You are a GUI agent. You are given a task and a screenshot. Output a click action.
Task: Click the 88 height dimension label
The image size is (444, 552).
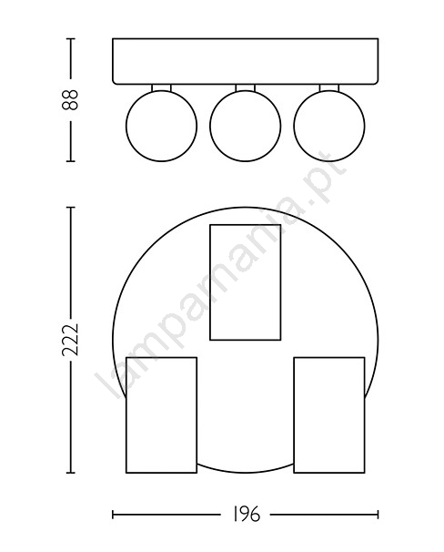point(70,100)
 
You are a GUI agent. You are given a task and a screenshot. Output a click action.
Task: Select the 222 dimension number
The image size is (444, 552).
point(70,340)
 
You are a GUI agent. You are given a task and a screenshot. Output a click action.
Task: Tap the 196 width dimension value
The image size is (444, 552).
point(246,515)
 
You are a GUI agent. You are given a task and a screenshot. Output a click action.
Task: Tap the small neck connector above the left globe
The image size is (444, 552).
point(161,87)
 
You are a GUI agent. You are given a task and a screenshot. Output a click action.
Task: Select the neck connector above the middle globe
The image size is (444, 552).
point(246,87)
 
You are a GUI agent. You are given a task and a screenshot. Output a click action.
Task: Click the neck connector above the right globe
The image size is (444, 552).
point(329,87)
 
